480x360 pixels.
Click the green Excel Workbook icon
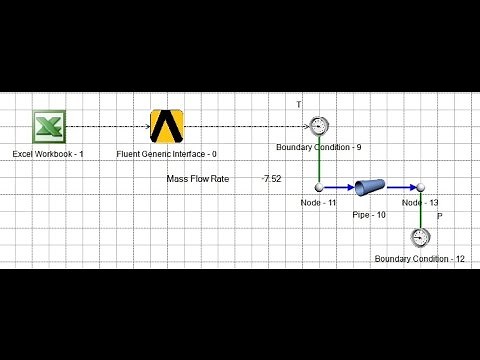48,127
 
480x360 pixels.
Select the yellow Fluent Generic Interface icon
167,126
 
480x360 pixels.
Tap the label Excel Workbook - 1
48,154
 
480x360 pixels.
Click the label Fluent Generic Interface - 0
167,154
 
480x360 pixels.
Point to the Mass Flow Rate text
197,179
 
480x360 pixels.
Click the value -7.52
271,179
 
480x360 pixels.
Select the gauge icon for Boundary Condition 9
319,126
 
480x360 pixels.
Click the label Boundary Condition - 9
319,147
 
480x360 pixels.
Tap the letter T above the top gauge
298,104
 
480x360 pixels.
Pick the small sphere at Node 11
319,187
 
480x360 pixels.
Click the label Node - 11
318,203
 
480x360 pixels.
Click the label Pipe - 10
369,214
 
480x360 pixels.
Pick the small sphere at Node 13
421,187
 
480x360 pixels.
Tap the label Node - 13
420,203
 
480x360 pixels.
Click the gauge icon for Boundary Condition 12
420,237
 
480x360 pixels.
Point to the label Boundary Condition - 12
420,259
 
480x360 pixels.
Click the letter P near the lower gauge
440,215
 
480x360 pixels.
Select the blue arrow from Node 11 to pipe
338,187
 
